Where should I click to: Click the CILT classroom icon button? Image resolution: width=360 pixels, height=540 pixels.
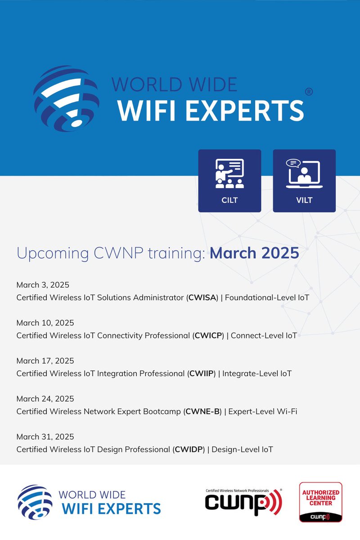click(229, 181)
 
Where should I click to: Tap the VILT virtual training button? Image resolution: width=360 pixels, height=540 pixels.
click(304, 181)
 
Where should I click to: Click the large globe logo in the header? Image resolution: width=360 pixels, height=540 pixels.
click(66, 99)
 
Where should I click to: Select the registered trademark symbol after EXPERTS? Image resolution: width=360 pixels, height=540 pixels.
click(309, 92)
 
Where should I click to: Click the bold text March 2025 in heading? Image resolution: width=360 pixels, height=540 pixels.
click(254, 253)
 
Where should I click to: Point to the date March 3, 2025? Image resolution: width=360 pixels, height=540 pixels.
click(43, 285)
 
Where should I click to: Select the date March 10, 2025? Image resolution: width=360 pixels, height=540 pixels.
click(45, 323)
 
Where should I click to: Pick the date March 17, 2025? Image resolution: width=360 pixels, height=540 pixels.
click(45, 361)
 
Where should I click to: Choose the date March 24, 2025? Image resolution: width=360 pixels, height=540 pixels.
click(45, 399)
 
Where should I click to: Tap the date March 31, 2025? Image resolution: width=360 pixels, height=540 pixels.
click(45, 436)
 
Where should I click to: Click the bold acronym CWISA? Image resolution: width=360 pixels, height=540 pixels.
click(203, 298)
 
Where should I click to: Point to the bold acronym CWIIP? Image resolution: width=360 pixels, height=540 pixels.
click(202, 373)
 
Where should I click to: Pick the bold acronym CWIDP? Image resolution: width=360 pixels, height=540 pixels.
click(189, 449)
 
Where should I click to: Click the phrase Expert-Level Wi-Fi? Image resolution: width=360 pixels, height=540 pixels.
click(263, 411)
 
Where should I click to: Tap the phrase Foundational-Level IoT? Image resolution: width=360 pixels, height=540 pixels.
click(267, 298)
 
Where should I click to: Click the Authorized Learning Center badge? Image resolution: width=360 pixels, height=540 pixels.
click(321, 502)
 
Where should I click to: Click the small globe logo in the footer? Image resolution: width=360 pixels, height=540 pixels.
click(35, 502)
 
